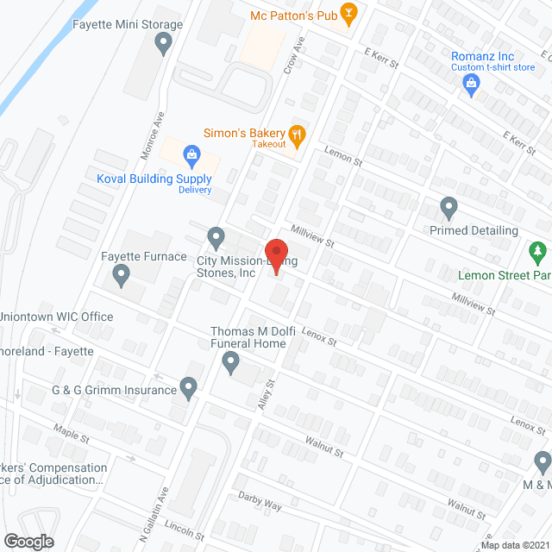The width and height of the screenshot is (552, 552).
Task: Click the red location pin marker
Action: pyautogui.click(x=274, y=255)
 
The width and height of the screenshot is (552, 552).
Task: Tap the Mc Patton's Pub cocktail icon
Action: pyautogui.click(x=348, y=13)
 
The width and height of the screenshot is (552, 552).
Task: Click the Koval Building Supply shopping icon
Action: pyautogui.click(x=191, y=155)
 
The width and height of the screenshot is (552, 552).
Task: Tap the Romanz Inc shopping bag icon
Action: pyautogui.click(x=471, y=83)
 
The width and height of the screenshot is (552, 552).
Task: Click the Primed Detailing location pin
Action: pyautogui.click(x=448, y=208)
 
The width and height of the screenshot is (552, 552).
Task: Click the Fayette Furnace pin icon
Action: pyautogui.click(x=121, y=276)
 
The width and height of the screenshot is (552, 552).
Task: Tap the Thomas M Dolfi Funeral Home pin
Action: pyautogui.click(x=230, y=366)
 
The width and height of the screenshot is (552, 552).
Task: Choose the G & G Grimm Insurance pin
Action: pyautogui.click(x=189, y=389)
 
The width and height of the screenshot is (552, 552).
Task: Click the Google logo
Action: pyautogui.click(x=28, y=541)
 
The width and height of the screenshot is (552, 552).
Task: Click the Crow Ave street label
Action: pyautogui.click(x=295, y=55)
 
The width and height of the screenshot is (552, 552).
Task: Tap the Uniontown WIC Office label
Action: pyautogui.click(x=58, y=317)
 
